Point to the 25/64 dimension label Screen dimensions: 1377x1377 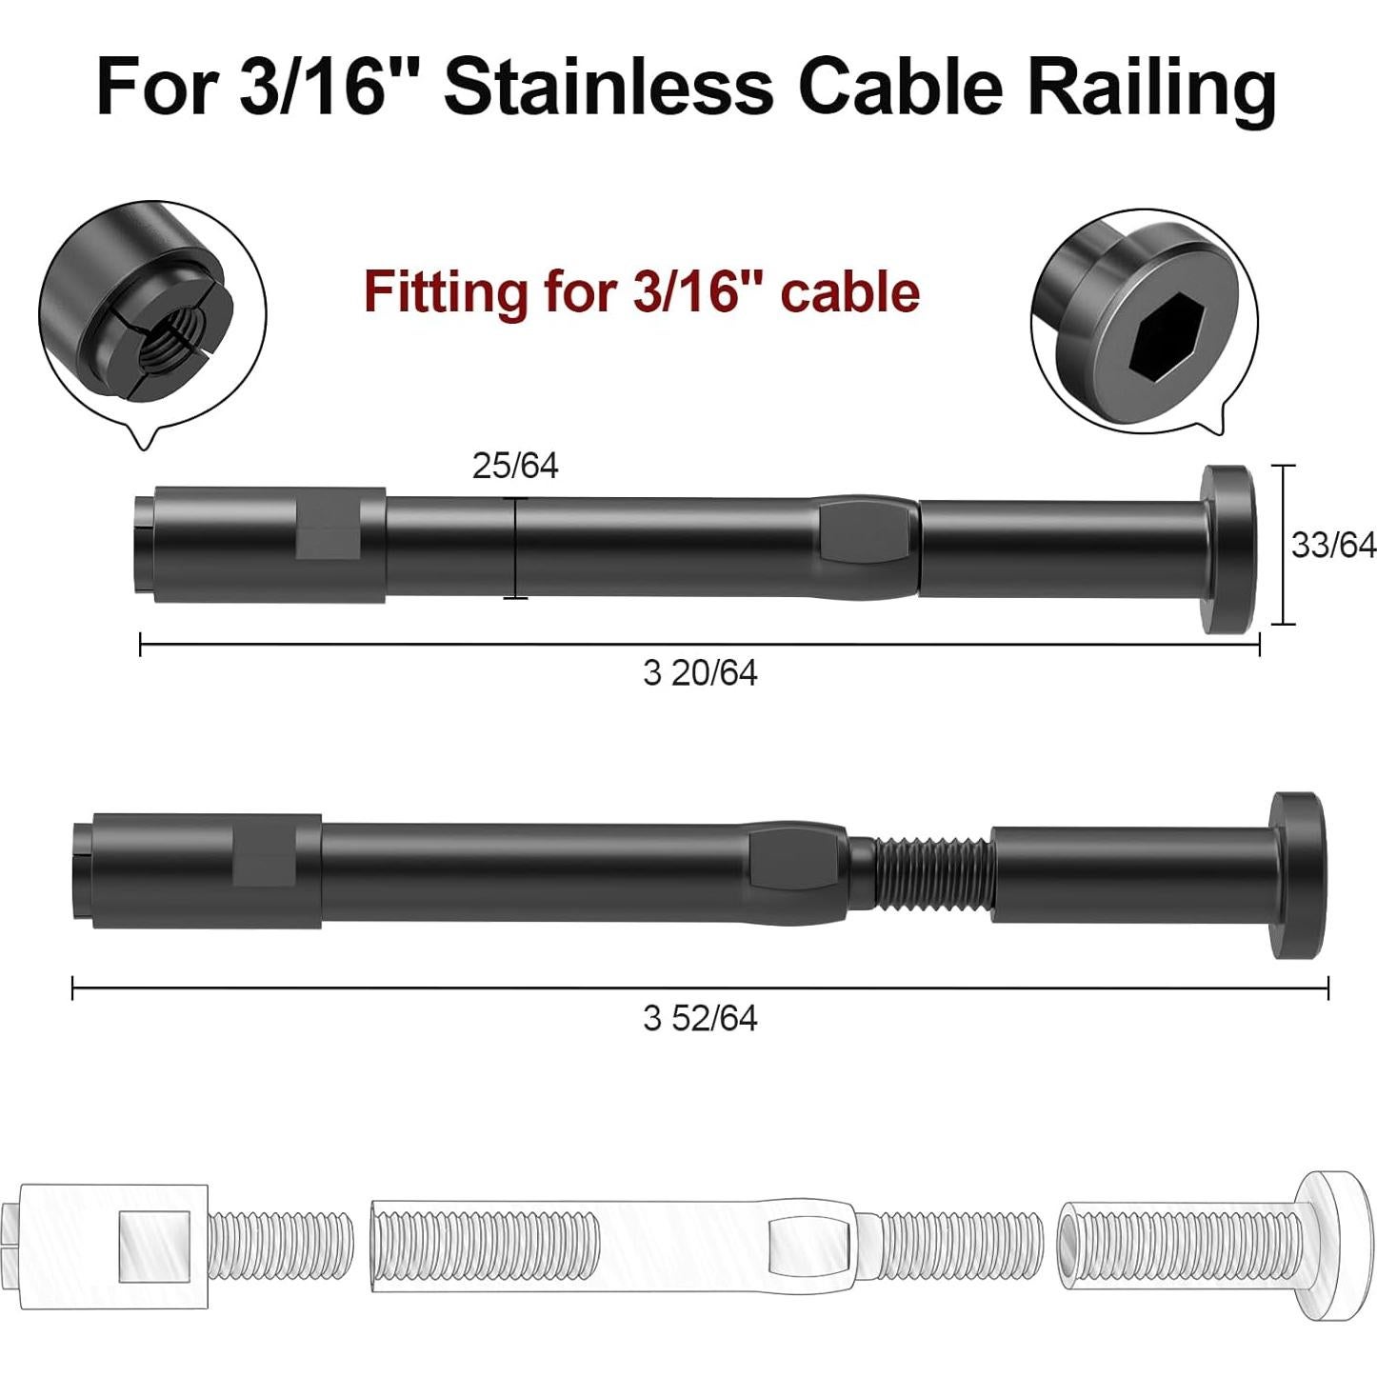(x=515, y=466)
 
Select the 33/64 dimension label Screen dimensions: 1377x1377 (x=1333, y=545)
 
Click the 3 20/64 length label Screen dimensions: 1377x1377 (x=700, y=673)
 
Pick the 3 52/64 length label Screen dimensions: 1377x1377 (x=700, y=1018)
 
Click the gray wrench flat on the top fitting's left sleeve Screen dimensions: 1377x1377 (x=328, y=527)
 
